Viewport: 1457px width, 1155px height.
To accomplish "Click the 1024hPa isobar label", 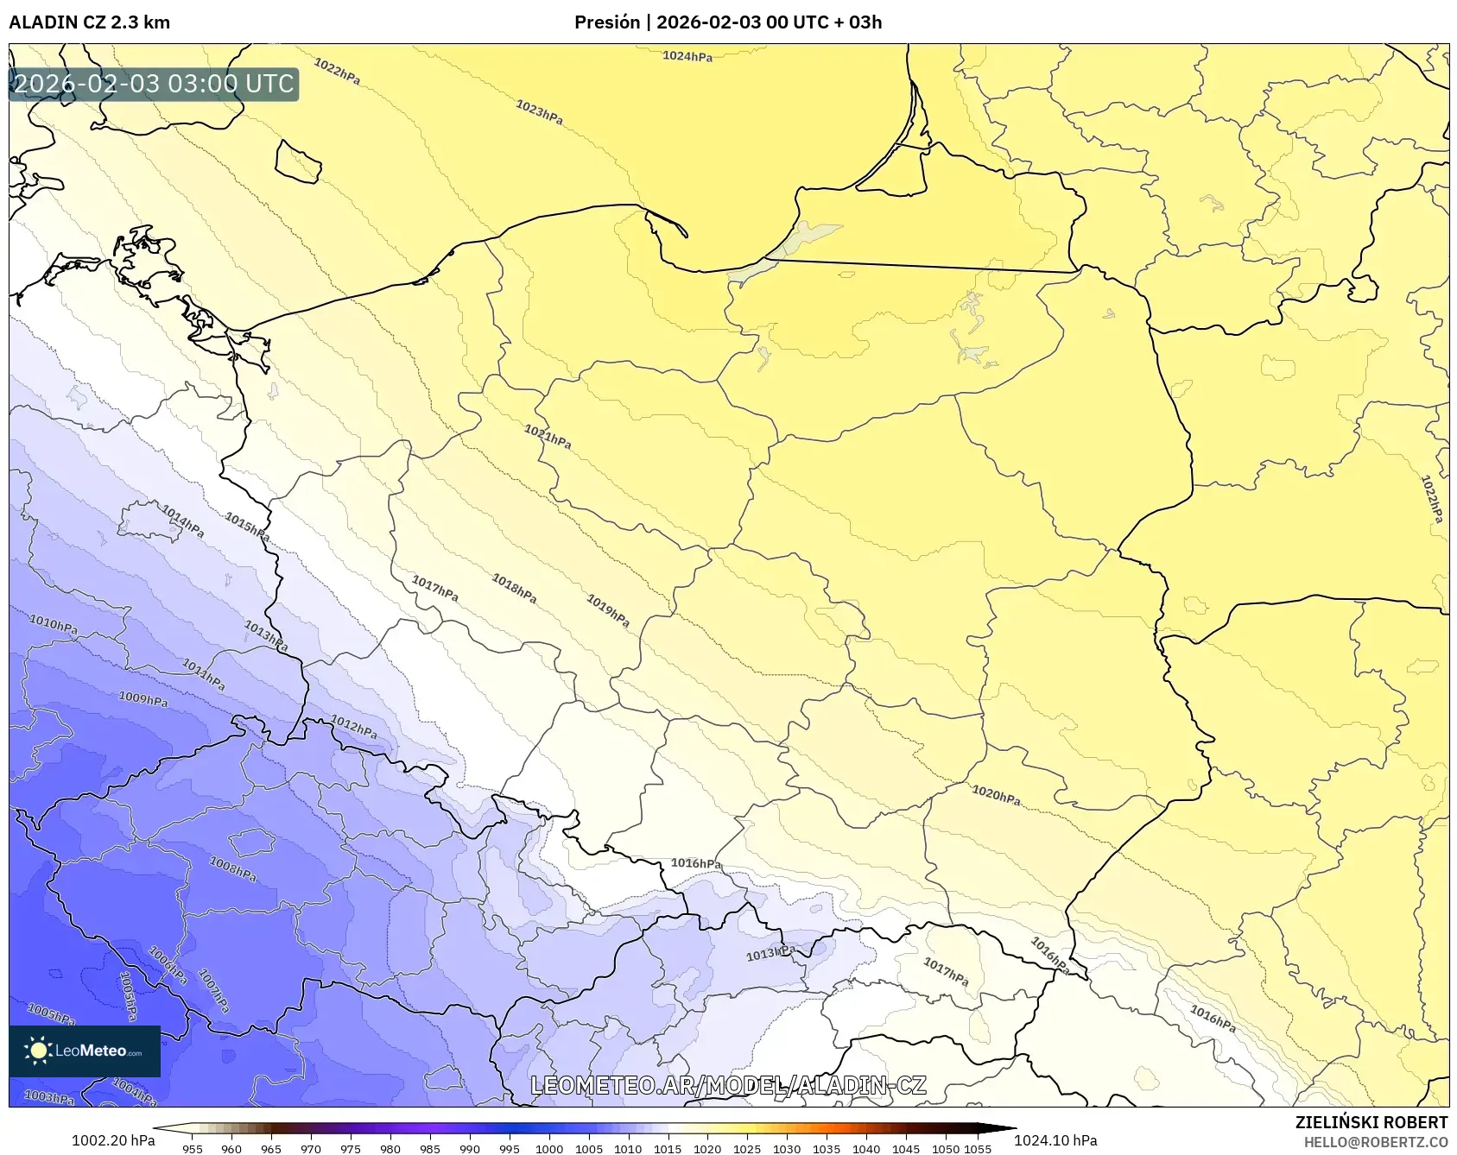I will click(687, 56).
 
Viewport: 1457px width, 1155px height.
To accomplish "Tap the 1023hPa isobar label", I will click(539, 112).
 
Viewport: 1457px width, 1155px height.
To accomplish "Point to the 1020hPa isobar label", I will click(996, 795).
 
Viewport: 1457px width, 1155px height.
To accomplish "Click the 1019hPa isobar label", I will click(608, 611).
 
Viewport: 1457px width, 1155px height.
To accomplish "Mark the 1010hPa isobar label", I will click(54, 624).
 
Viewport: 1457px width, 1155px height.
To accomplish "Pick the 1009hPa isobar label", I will click(143, 698).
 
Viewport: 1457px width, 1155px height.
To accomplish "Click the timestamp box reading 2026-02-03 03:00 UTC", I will click(154, 85).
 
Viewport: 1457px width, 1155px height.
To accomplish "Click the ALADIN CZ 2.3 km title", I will click(90, 22).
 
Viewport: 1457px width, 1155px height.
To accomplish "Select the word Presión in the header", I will click(607, 22).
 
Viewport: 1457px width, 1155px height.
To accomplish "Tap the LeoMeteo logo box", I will click(85, 1051).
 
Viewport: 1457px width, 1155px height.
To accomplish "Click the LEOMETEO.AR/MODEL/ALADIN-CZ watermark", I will click(728, 1085).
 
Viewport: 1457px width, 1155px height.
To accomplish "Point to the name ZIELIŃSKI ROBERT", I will click(1371, 1122).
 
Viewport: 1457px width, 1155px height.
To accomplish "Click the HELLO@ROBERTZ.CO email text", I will click(1375, 1142).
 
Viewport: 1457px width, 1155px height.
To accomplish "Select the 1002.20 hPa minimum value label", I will click(113, 1140).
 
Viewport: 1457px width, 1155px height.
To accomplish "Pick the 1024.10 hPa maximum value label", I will click(1055, 1140).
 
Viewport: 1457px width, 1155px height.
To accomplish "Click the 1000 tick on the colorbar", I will click(549, 1149).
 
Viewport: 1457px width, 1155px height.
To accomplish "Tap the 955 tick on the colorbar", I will click(193, 1149).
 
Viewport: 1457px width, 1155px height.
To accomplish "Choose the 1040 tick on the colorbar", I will click(866, 1149).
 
